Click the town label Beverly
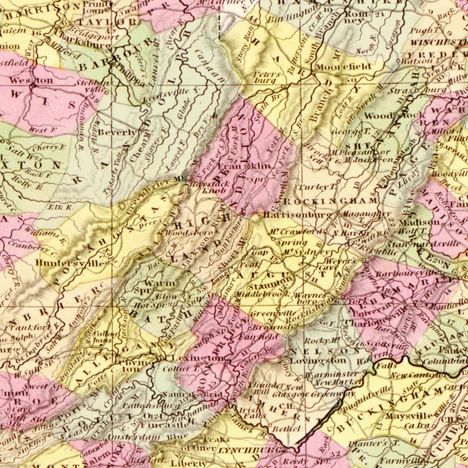[117, 132]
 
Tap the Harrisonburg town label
[297, 215]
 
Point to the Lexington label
[198, 358]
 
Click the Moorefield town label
[343, 67]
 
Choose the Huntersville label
[70, 263]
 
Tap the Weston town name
[31, 80]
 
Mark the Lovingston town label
[318, 360]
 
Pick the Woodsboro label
[189, 233]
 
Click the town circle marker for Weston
[33, 86]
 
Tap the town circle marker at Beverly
[142, 131]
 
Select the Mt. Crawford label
[295, 232]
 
